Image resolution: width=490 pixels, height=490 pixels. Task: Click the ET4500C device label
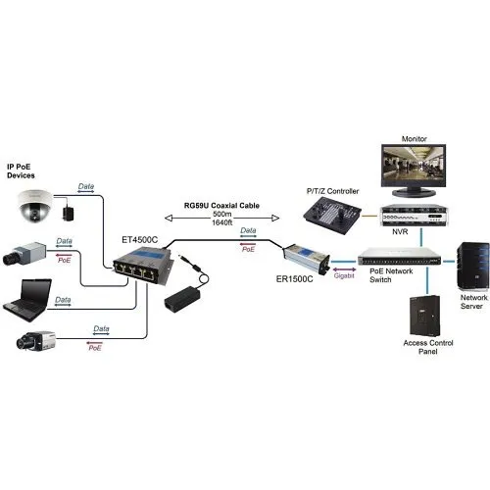139,238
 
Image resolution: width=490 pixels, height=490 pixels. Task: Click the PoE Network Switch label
383,277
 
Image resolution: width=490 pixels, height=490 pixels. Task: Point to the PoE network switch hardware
390,259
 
